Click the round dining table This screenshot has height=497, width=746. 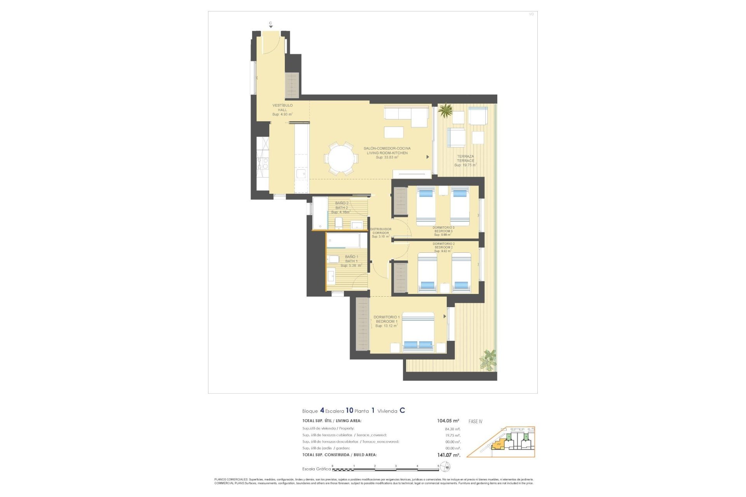click(x=342, y=159)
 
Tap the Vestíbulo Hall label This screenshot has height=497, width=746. click(x=282, y=110)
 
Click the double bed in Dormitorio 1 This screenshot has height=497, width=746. click(x=418, y=332)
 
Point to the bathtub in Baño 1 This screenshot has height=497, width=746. click(x=347, y=240)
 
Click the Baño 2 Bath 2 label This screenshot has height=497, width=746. click(x=342, y=207)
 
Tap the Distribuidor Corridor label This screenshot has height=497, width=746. click(x=380, y=233)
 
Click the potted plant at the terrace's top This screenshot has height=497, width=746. click(x=445, y=110)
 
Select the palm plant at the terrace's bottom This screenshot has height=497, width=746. click(x=488, y=360)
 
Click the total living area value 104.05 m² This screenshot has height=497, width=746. click(x=448, y=421)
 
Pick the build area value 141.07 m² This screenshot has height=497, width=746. click(x=448, y=455)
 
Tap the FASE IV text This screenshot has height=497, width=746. click(x=475, y=422)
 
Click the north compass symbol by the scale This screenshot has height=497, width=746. click(x=446, y=467)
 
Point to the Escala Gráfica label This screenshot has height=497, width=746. click(x=316, y=469)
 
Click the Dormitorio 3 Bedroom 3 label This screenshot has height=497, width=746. click(x=443, y=231)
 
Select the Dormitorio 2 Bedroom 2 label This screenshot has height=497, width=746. click(x=443, y=247)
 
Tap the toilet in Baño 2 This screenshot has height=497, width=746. click(x=338, y=223)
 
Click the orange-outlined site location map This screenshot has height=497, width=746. click(x=501, y=442)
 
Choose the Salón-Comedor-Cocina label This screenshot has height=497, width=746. click(x=387, y=153)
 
